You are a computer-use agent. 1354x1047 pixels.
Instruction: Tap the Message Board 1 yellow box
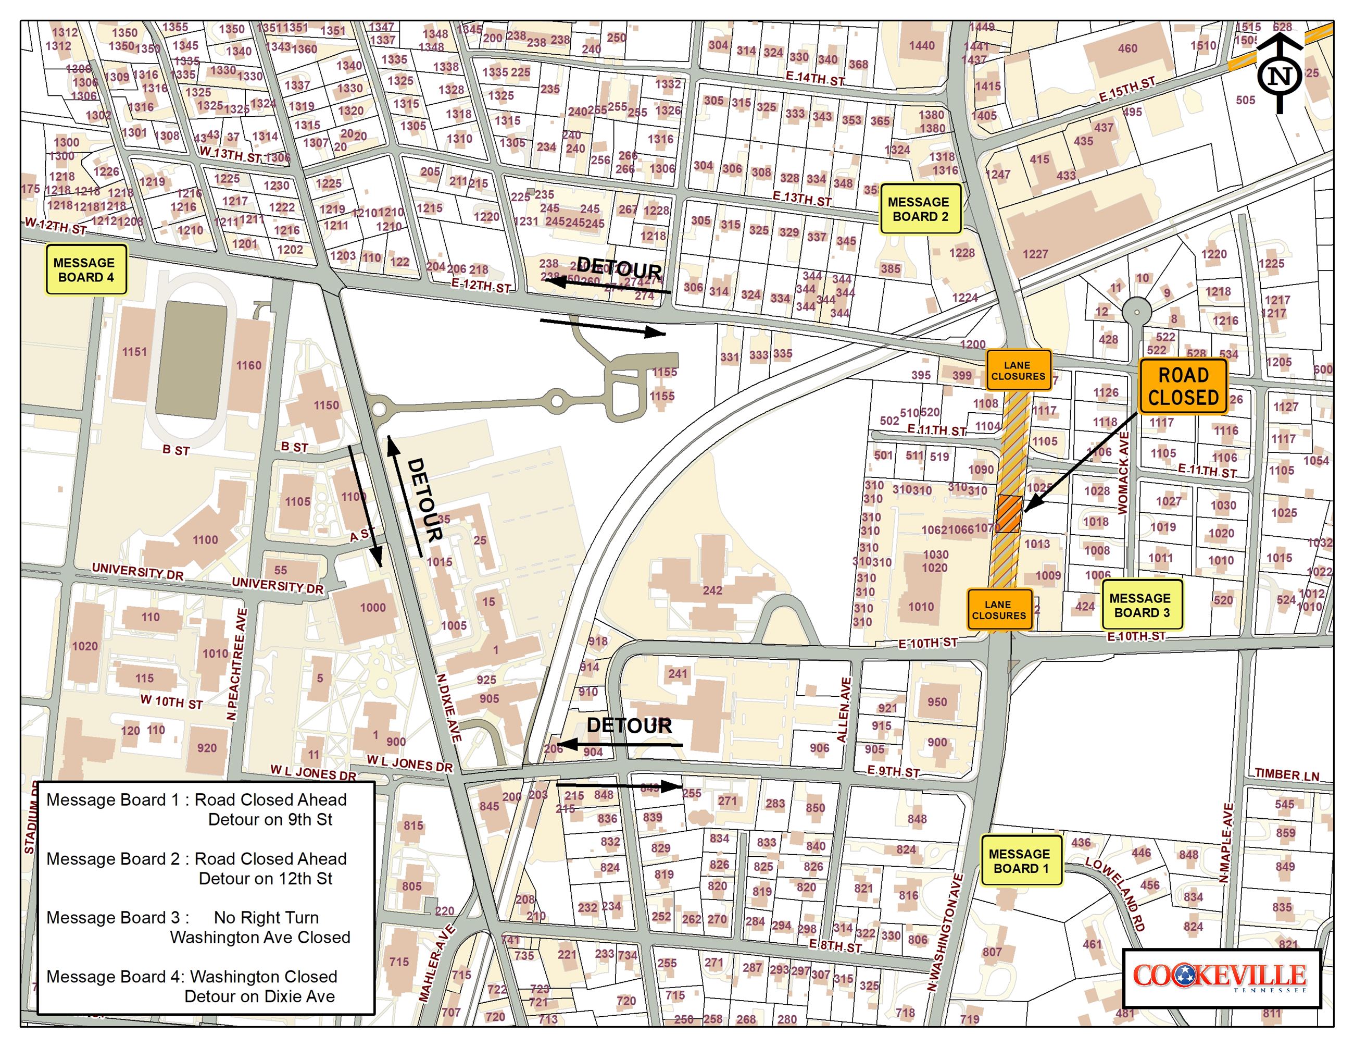1021,860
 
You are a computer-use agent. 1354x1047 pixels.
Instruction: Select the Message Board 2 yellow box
920,209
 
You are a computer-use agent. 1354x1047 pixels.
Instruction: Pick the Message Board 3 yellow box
1142,605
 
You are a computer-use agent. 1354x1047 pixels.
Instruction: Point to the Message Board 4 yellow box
85,269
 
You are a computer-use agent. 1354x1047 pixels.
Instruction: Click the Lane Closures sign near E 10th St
999,609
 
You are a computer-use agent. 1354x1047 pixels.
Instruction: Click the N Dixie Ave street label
449,708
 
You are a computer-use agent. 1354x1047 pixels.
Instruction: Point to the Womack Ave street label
1123,473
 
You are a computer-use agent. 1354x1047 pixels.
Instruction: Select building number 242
712,590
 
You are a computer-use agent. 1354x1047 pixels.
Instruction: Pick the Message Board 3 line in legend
198,927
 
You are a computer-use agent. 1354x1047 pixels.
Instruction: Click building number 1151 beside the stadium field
134,352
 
